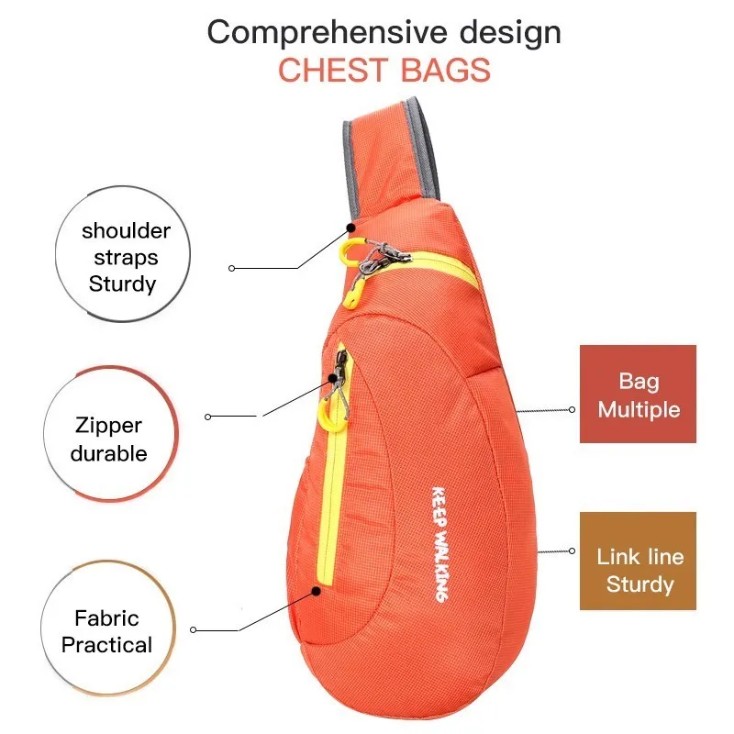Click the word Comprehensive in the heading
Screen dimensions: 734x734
tap(327, 32)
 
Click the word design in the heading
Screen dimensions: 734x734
tap(510, 33)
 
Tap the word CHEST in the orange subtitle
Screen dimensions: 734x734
tap(333, 71)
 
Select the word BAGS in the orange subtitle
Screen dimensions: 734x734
tap(446, 71)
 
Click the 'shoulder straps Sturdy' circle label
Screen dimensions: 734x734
tap(123, 254)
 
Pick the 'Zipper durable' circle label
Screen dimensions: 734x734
tap(111, 434)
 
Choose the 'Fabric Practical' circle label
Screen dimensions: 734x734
tap(108, 628)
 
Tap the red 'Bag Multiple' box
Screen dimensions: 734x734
tap(638, 394)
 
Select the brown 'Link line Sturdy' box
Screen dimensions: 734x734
tap(638, 561)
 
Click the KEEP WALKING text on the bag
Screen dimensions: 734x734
tap(439, 544)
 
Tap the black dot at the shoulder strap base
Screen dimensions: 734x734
tap(350, 228)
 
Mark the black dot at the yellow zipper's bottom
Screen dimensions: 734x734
tap(317, 591)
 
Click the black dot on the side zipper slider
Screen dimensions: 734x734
tap(333, 378)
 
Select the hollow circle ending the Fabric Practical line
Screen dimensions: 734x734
tap(193, 629)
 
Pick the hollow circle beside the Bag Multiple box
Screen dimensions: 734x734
tap(572, 409)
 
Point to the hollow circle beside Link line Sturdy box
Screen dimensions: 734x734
tap(572, 551)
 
